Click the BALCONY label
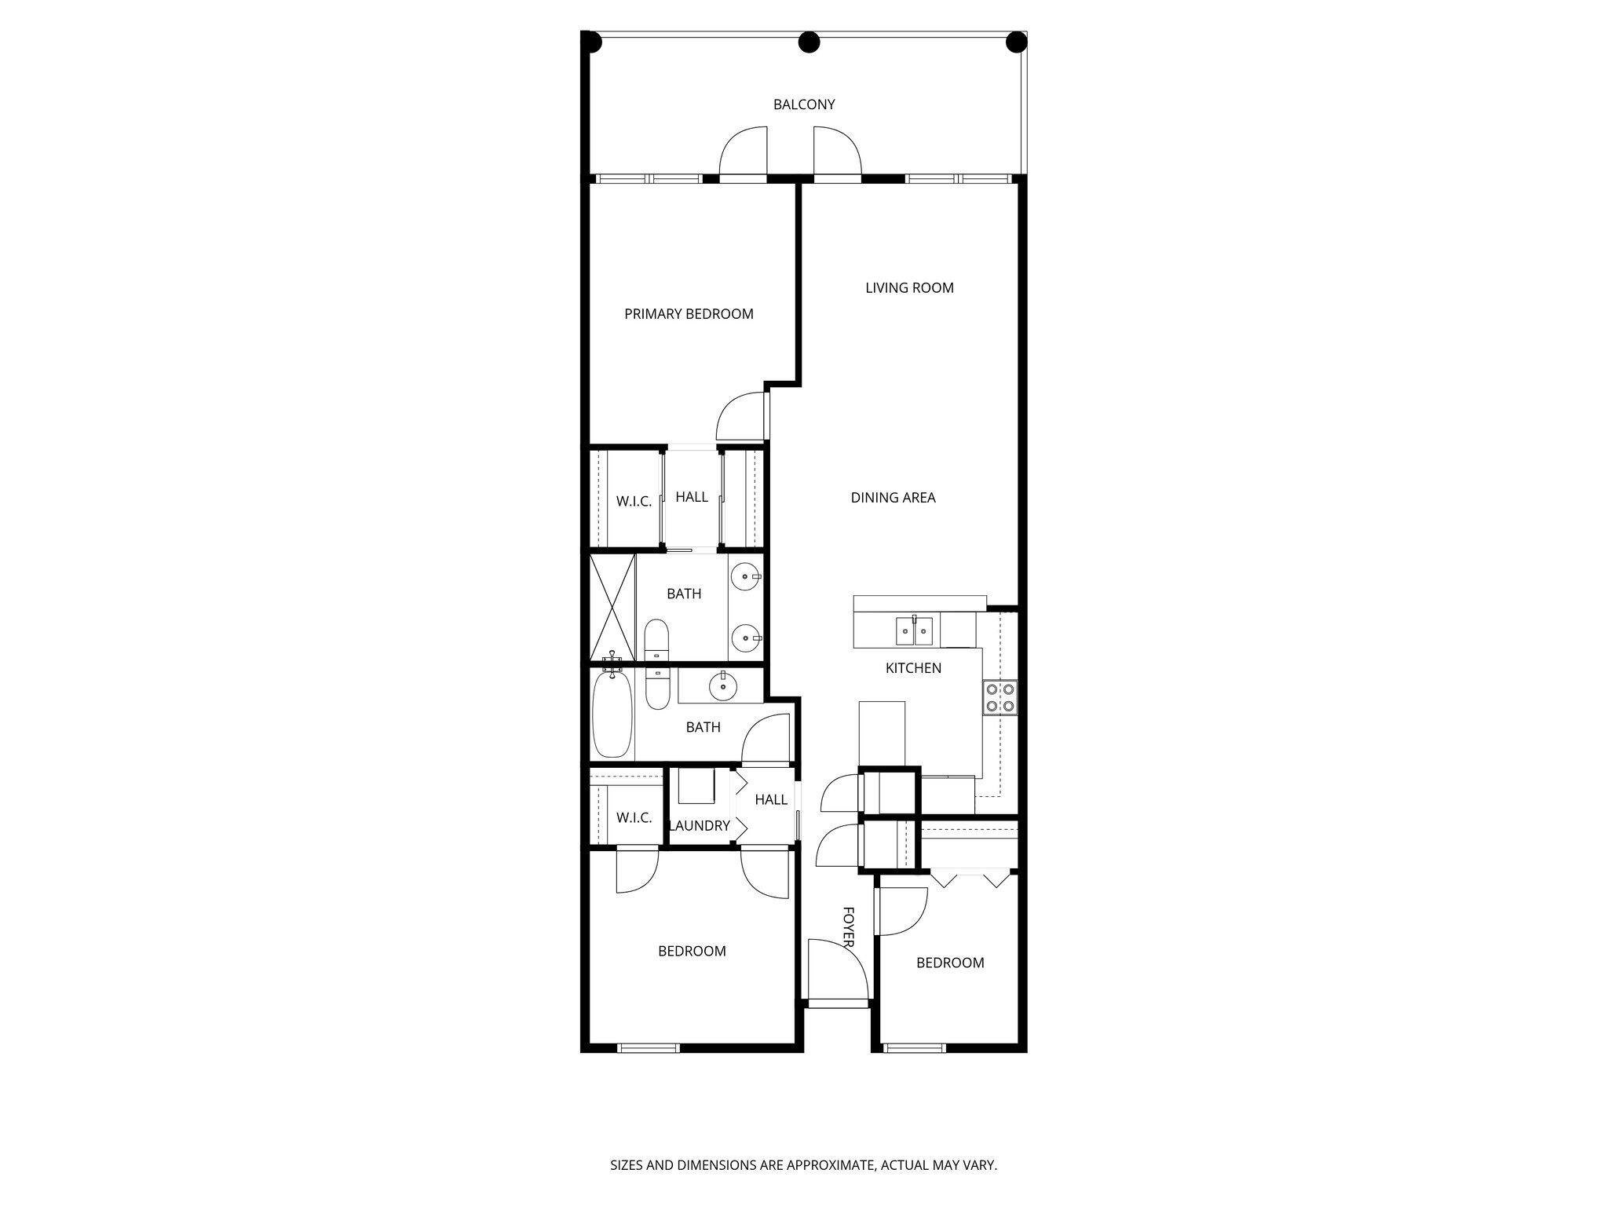803,104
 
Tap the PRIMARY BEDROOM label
689,314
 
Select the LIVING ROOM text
909,288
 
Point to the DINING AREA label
893,498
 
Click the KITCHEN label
913,668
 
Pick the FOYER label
848,926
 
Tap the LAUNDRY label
699,826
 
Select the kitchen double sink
915,630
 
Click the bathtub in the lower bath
612,714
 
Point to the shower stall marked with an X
612,608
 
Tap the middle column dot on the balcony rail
809,42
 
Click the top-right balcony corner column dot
1016,42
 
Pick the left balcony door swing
743,152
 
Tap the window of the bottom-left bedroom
649,1047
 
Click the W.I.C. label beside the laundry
634,818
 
